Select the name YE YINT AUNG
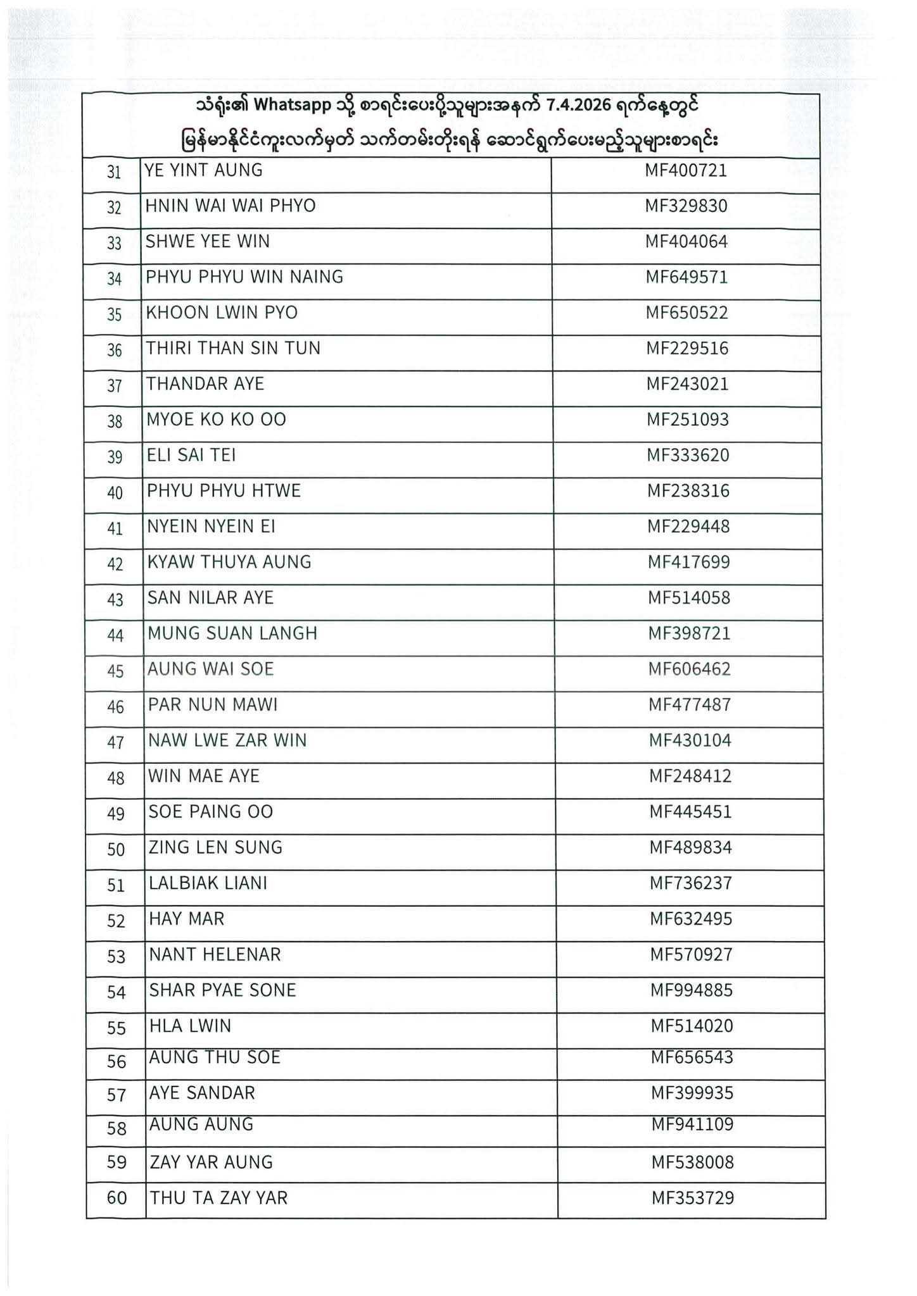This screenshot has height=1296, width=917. click(x=203, y=170)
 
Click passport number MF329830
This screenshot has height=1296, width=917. click(x=686, y=206)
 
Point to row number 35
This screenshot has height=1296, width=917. click(x=114, y=315)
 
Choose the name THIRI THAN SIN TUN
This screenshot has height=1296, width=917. click(x=233, y=348)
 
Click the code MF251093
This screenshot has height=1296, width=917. click(x=687, y=420)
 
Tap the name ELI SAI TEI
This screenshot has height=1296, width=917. click(x=191, y=455)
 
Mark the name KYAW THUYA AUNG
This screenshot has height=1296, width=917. click(x=229, y=562)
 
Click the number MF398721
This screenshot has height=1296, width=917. click(x=688, y=633)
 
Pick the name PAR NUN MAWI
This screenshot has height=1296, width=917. click(x=213, y=705)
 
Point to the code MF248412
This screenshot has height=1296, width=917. click(x=690, y=776)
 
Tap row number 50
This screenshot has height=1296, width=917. click(x=116, y=849)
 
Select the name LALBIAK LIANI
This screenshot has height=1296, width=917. click(x=208, y=883)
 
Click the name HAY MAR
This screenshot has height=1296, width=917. click(x=186, y=919)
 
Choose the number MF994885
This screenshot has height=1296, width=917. click(x=691, y=990)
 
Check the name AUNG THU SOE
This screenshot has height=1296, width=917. click(x=215, y=1057)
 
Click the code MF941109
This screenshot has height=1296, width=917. click(x=692, y=1125)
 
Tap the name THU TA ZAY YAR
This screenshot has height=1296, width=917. click(x=218, y=1198)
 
